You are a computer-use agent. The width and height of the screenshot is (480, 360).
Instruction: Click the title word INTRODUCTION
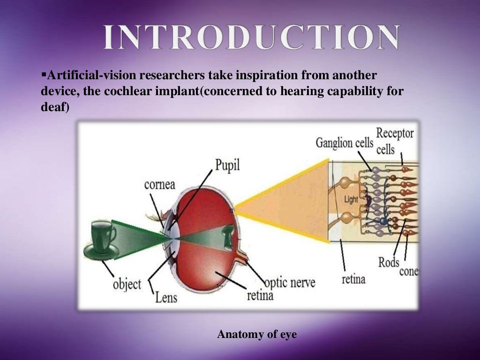coord(252,37)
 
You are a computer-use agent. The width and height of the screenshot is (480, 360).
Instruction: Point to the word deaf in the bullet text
coord(53,107)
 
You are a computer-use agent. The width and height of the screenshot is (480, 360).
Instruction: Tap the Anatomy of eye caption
coord(257,335)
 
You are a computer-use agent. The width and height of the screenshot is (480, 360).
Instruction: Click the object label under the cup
coord(127,285)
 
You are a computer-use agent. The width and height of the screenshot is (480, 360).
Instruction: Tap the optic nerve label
coord(290,283)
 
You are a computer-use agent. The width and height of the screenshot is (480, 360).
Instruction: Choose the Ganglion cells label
coord(345,142)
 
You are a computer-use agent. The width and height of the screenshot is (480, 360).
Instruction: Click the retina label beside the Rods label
coord(353,280)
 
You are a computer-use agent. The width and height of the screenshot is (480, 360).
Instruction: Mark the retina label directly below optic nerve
coord(260,295)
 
